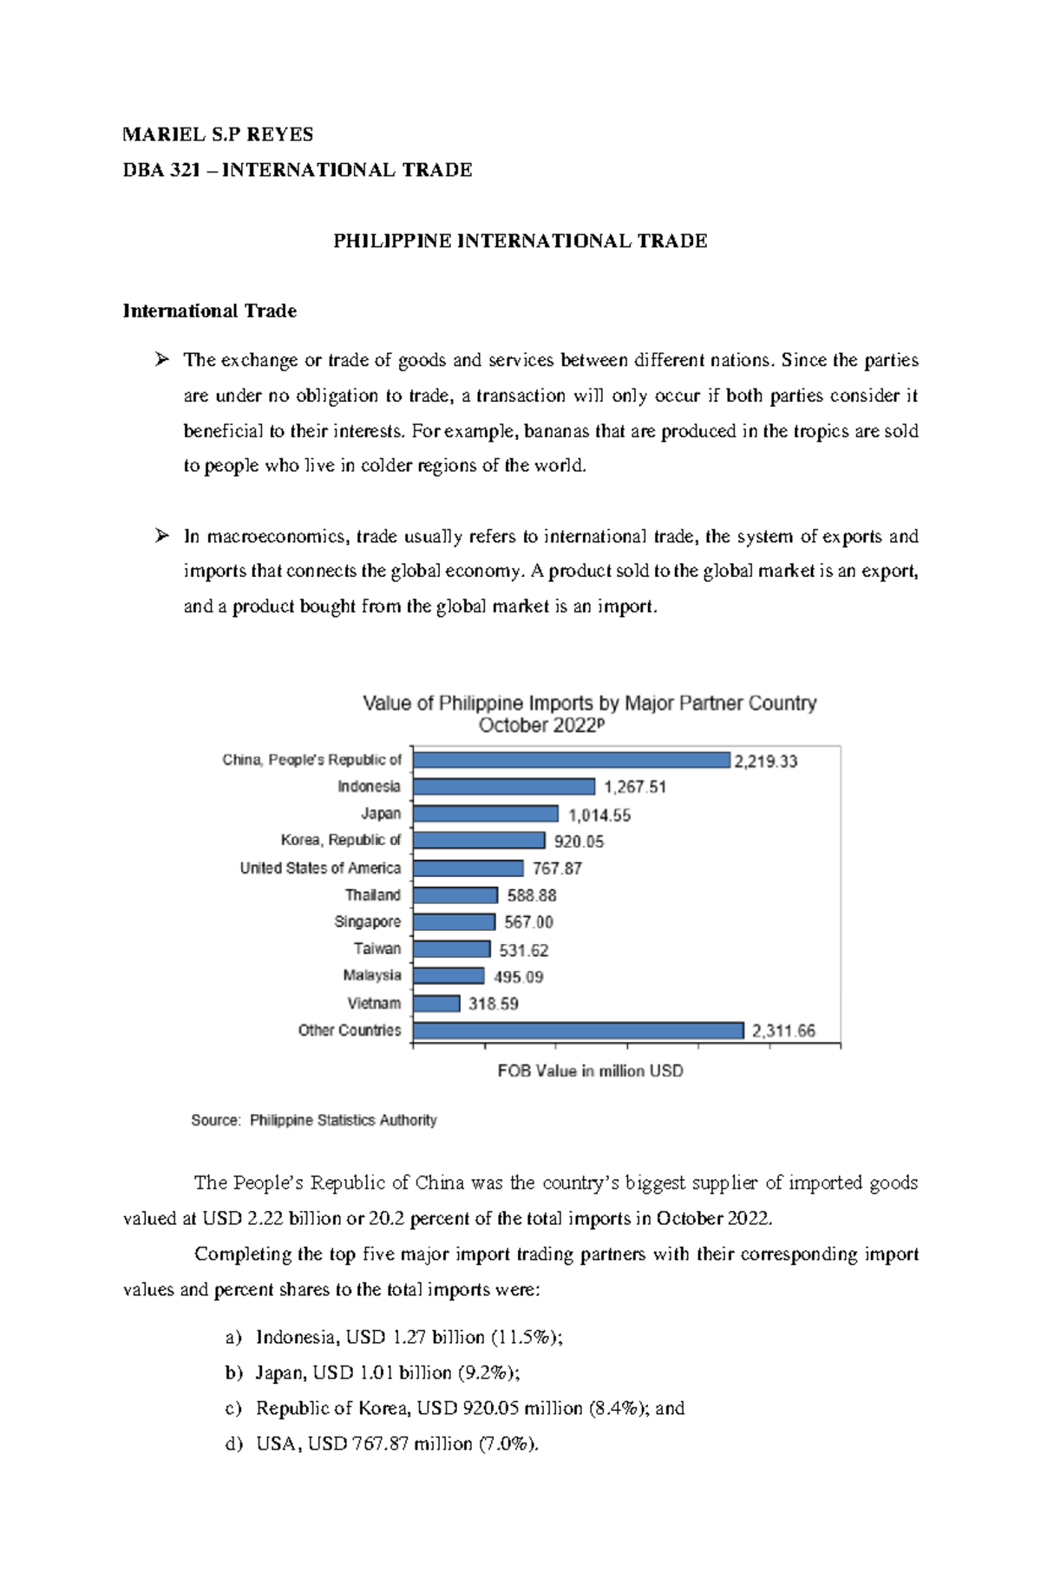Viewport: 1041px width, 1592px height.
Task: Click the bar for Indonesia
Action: click(x=504, y=787)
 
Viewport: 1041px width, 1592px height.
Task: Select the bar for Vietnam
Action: click(x=436, y=1004)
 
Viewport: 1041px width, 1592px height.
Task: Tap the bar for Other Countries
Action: click(x=579, y=1031)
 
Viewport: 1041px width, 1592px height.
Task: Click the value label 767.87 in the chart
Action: click(x=557, y=868)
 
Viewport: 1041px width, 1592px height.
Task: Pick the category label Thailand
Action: click(x=373, y=894)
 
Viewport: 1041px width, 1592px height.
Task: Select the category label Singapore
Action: click(x=368, y=921)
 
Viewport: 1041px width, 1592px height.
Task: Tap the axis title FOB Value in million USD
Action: click(x=590, y=1071)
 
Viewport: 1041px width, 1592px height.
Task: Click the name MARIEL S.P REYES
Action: click(x=218, y=134)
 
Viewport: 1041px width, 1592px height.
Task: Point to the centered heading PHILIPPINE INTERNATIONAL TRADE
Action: click(x=520, y=241)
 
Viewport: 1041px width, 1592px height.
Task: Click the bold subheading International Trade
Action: click(x=210, y=311)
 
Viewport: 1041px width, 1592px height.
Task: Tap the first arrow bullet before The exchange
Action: click(x=160, y=359)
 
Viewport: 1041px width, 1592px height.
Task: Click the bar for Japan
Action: click(x=486, y=814)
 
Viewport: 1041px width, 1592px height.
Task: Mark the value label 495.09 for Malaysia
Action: click(x=519, y=977)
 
